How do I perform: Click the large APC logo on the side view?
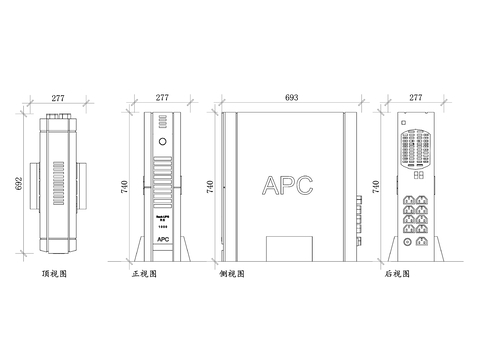click(288, 186)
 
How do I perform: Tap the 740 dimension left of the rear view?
click(376, 186)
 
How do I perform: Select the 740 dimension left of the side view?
click(209, 186)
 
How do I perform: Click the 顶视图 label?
click(54, 273)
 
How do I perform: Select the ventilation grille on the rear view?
click(416, 151)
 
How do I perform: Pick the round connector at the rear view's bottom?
click(406, 241)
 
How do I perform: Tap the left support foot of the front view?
click(140, 247)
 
